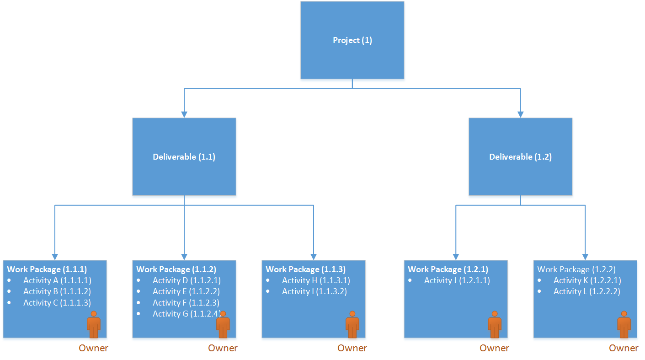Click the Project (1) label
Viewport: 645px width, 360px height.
(352, 40)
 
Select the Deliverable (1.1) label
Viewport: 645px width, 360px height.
(184, 157)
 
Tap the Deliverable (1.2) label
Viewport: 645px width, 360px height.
(520, 157)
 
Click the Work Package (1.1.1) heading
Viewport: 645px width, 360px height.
(47, 269)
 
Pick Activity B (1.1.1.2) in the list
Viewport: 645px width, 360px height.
(57, 291)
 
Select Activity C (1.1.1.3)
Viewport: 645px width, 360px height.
(57, 303)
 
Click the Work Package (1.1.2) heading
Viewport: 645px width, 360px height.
(176, 269)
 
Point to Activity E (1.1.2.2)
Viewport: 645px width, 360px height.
(187, 291)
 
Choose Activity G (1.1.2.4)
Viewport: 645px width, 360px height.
(187, 314)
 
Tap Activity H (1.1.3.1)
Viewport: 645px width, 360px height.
(316, 280)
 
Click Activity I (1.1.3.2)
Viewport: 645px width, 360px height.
(315, 291)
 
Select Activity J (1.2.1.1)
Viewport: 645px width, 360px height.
(457, 280)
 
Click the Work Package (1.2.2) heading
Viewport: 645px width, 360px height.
(577, 269)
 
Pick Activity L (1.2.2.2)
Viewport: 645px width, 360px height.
(587, 291)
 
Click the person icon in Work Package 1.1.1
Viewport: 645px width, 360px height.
(94, 324)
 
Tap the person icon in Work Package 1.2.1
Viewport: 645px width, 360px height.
(495, 324)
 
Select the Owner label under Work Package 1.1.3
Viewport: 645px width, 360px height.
(352, 348)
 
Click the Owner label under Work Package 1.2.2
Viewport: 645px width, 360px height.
(624, 348)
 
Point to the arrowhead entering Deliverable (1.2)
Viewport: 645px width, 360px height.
(520, 114)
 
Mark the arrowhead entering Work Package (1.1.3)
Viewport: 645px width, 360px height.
(314, 257)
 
